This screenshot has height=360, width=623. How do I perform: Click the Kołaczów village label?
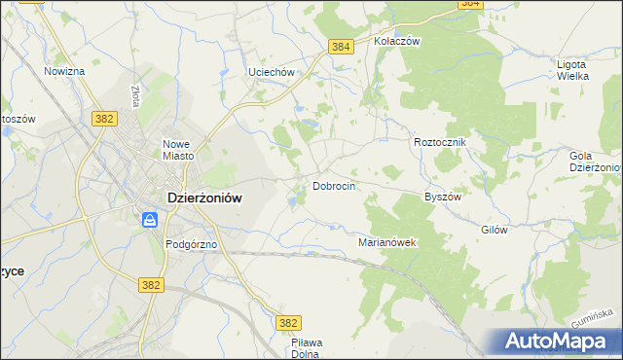[396, 42]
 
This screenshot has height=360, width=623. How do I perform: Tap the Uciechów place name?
[271, 72]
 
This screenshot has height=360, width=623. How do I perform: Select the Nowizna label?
[65, 72]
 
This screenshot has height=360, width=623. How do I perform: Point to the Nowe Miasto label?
[180, 149]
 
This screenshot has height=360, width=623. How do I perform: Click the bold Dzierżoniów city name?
[204, 196]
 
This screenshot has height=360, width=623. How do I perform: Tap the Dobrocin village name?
[333, 185]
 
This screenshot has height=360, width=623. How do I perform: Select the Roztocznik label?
[441, 142]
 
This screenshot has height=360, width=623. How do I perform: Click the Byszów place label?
[442, 196]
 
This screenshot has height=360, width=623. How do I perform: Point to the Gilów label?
[495, 229]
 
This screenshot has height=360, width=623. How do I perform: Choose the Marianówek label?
[387, 242]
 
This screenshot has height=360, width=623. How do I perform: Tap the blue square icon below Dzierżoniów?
[150, 220]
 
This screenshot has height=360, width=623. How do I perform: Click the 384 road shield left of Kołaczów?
[340, 47]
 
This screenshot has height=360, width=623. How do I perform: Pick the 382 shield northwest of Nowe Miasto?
[106, 118]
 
